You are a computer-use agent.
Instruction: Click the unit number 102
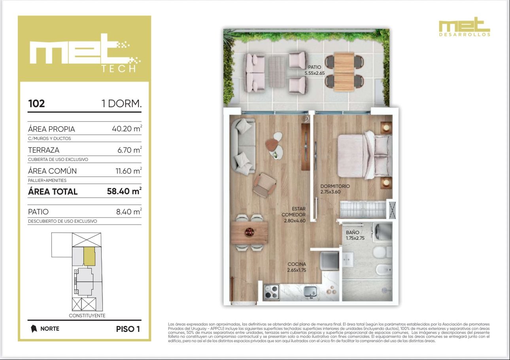click(36, 104)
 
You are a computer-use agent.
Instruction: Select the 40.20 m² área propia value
click(127, 129)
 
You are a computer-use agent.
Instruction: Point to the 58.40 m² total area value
click(124, 191)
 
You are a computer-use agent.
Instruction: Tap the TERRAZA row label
click(44, 150)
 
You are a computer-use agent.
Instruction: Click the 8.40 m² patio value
click(129, 211)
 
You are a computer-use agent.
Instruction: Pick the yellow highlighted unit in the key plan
click(89, 256)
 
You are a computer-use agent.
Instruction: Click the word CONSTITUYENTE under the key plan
click(87, 316)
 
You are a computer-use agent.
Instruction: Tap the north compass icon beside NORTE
click(34, 329)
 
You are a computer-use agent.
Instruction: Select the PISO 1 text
click(128, 329)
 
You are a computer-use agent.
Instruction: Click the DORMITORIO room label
click(335, 186)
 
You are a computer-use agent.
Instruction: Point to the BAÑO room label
click(352, 232)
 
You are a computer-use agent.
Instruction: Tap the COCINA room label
click(297, 264)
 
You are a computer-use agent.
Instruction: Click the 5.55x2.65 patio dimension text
click(315, 73)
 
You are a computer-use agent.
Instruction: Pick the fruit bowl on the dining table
click(249, 232)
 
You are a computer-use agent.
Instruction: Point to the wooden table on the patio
click(344, 72)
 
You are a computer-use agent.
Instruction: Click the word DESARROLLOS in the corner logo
click(465, 35)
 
